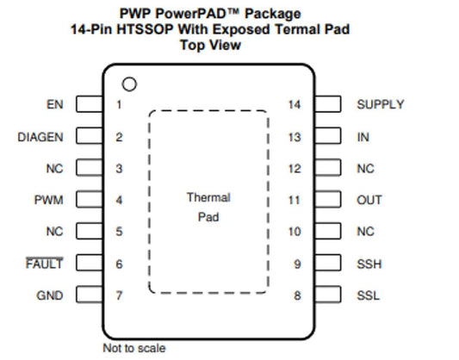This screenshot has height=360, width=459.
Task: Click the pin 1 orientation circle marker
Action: [129, 78]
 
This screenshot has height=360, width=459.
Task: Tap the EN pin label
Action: [55, 104]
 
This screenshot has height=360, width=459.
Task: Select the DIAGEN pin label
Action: [40, 137]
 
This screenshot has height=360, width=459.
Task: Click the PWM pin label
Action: [48, 200]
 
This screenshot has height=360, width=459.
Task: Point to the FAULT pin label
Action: [44, 264]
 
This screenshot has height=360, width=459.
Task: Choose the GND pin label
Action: [50, 295]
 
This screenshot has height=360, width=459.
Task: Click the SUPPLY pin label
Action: [381, 104]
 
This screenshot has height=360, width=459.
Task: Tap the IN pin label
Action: [363, 137]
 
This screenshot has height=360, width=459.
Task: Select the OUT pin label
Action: [369, 200]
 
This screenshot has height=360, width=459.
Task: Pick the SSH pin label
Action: [369, 264]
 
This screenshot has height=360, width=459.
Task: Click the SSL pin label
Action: [368, 295]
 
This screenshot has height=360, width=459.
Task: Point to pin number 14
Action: [295, 104]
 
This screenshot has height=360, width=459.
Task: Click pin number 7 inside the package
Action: [119, 295]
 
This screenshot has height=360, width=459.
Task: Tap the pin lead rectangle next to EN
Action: [90, 104]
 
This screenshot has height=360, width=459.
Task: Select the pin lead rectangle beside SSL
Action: [328, 295]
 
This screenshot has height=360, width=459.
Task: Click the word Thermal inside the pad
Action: [208, 197]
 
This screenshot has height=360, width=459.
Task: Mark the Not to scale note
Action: [134, 348]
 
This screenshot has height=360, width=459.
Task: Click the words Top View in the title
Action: [210, 45]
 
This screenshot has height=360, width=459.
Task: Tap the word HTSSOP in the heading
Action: [145, 29]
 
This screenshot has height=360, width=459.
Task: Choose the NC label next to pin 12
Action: [365, 169]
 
